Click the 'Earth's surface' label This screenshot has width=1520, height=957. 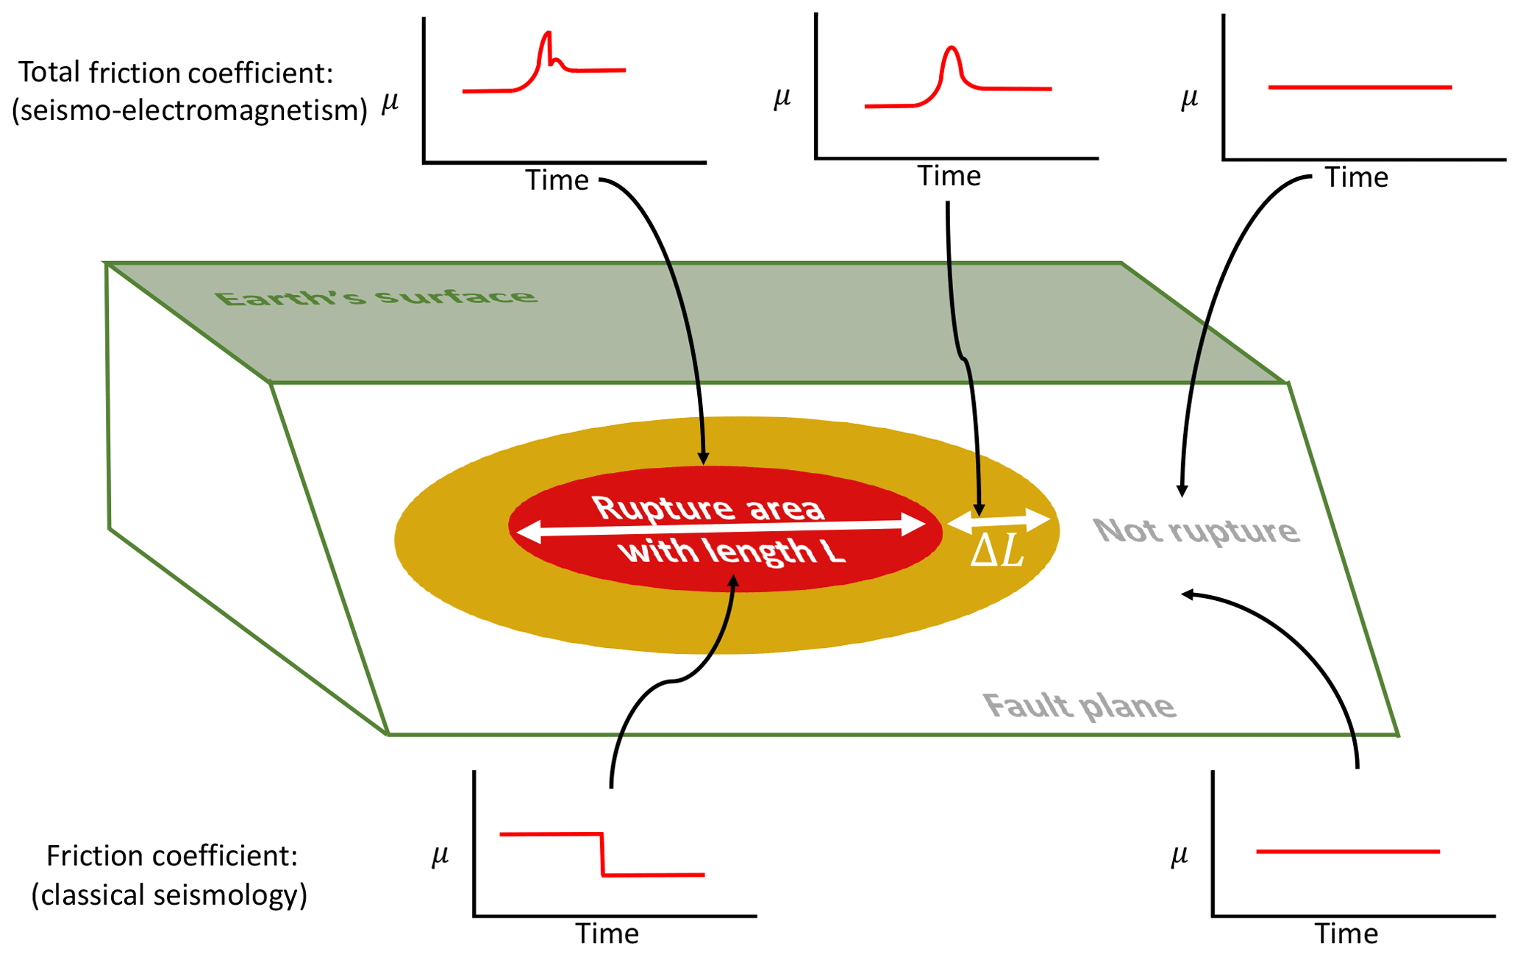click(376, 297)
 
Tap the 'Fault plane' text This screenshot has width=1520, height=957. click(1079, 706)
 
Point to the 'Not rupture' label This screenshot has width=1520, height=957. click(1196, 531)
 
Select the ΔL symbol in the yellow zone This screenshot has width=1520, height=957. click(997, 550)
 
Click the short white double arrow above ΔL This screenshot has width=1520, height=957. click(999, 521)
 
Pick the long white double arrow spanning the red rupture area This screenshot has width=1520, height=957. click(721, 527)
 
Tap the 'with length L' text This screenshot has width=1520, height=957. click(732, 551)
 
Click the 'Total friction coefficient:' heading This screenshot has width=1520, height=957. click(176, 73)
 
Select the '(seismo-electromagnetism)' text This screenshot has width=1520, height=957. click(190, 110)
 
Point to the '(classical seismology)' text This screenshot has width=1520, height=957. click(169, 895)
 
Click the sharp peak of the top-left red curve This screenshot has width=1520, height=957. click(547, 33)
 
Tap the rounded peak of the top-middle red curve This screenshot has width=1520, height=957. click(952, 49)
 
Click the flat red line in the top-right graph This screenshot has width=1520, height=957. click(1360, 88)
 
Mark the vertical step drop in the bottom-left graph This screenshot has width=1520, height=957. click(602, 854)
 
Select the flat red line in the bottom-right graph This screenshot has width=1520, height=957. click(1347, 852)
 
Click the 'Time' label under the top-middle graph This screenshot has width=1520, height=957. click(949, 177)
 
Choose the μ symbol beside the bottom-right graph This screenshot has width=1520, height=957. click(1179, 855)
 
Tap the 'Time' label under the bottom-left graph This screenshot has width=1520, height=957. click(607, 933)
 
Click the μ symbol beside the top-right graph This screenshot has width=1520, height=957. click(1189, 98)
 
